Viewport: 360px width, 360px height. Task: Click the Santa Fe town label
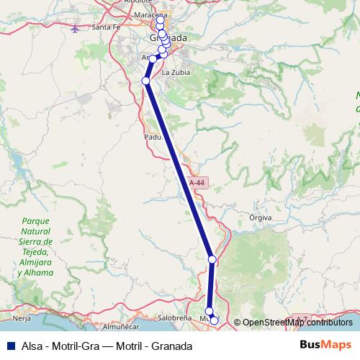(x=106, y=27)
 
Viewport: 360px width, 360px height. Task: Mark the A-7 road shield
(x=301, y=318)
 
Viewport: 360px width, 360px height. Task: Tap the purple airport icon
(x=76, y=29)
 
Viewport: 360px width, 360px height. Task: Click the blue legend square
(x=6, y=346)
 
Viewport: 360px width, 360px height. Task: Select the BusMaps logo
(x=325, y=345)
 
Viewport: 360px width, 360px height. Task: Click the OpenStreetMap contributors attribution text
(x=297, y=322)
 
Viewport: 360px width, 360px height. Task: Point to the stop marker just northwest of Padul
(x=145, y=81)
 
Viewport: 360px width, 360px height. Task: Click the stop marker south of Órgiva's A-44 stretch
(x=212, y=259)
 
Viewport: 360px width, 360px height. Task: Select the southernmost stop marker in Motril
(x=214, y=318)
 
